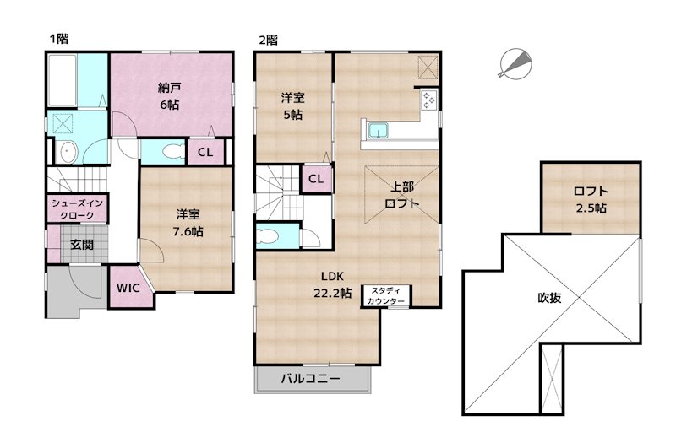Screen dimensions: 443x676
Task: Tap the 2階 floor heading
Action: pos(268,39)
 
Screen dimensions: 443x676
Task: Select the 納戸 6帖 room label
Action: pos(168,95)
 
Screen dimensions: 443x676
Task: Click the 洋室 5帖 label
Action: pos(292,106)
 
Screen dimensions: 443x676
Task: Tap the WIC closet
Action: pos(128,288)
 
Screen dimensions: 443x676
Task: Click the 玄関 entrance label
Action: pos(81,246)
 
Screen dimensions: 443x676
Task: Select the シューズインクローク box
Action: pos(77,209)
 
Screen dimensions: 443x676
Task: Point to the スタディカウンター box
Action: pos(387,296)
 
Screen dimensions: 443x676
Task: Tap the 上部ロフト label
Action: pos(401,196)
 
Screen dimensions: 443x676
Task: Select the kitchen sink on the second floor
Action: pos(376,131)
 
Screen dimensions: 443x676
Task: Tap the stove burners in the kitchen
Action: pos(428,101)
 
